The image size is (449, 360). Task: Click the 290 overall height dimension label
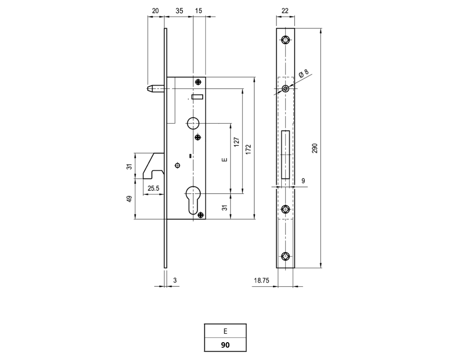[314, 148]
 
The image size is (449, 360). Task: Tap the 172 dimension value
[248, 149]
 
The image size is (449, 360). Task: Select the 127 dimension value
[236, 142]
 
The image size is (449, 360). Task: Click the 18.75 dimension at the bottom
[262, 280]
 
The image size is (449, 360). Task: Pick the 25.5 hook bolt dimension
[153, 188]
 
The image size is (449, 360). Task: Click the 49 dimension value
[130, 199]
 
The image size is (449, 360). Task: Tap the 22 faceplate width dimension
[285, 11]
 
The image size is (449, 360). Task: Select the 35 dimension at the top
[180, 11]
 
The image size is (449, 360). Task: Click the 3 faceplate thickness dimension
[175, 280]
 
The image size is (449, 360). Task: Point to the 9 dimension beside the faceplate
[303, 180]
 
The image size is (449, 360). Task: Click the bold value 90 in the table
[225, 345]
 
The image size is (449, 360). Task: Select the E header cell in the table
[225, 331]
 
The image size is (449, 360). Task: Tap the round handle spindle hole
[193, 124]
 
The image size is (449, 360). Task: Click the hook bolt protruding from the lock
[153, 166]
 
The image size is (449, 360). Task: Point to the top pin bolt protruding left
[156, 89]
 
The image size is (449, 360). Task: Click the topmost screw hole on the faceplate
[285, 40]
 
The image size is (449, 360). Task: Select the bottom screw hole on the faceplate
[285, 256]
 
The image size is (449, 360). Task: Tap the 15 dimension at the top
[198, 11]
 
